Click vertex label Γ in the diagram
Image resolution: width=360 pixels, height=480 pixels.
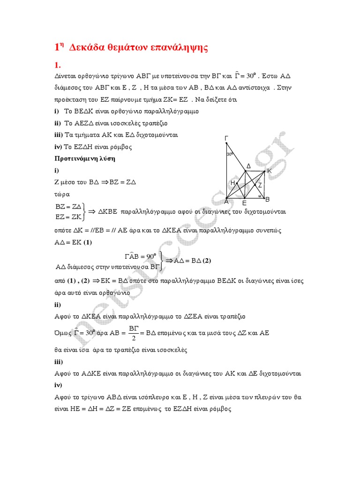(226, 138)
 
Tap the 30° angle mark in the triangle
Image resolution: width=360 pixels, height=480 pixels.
(230, 154)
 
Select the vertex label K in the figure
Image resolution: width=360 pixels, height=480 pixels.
(269, 171)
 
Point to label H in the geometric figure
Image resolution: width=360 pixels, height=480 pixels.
(232, 183)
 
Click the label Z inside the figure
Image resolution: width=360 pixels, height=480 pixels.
(260, 186)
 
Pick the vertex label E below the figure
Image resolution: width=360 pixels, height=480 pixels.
(244, 204)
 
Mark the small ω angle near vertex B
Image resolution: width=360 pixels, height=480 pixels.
(259, 196)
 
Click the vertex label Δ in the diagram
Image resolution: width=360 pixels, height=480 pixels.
(248, 166)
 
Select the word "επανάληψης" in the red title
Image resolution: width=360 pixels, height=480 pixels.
(180, 47)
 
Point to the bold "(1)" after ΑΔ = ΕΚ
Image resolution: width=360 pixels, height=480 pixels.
(87, 242)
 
